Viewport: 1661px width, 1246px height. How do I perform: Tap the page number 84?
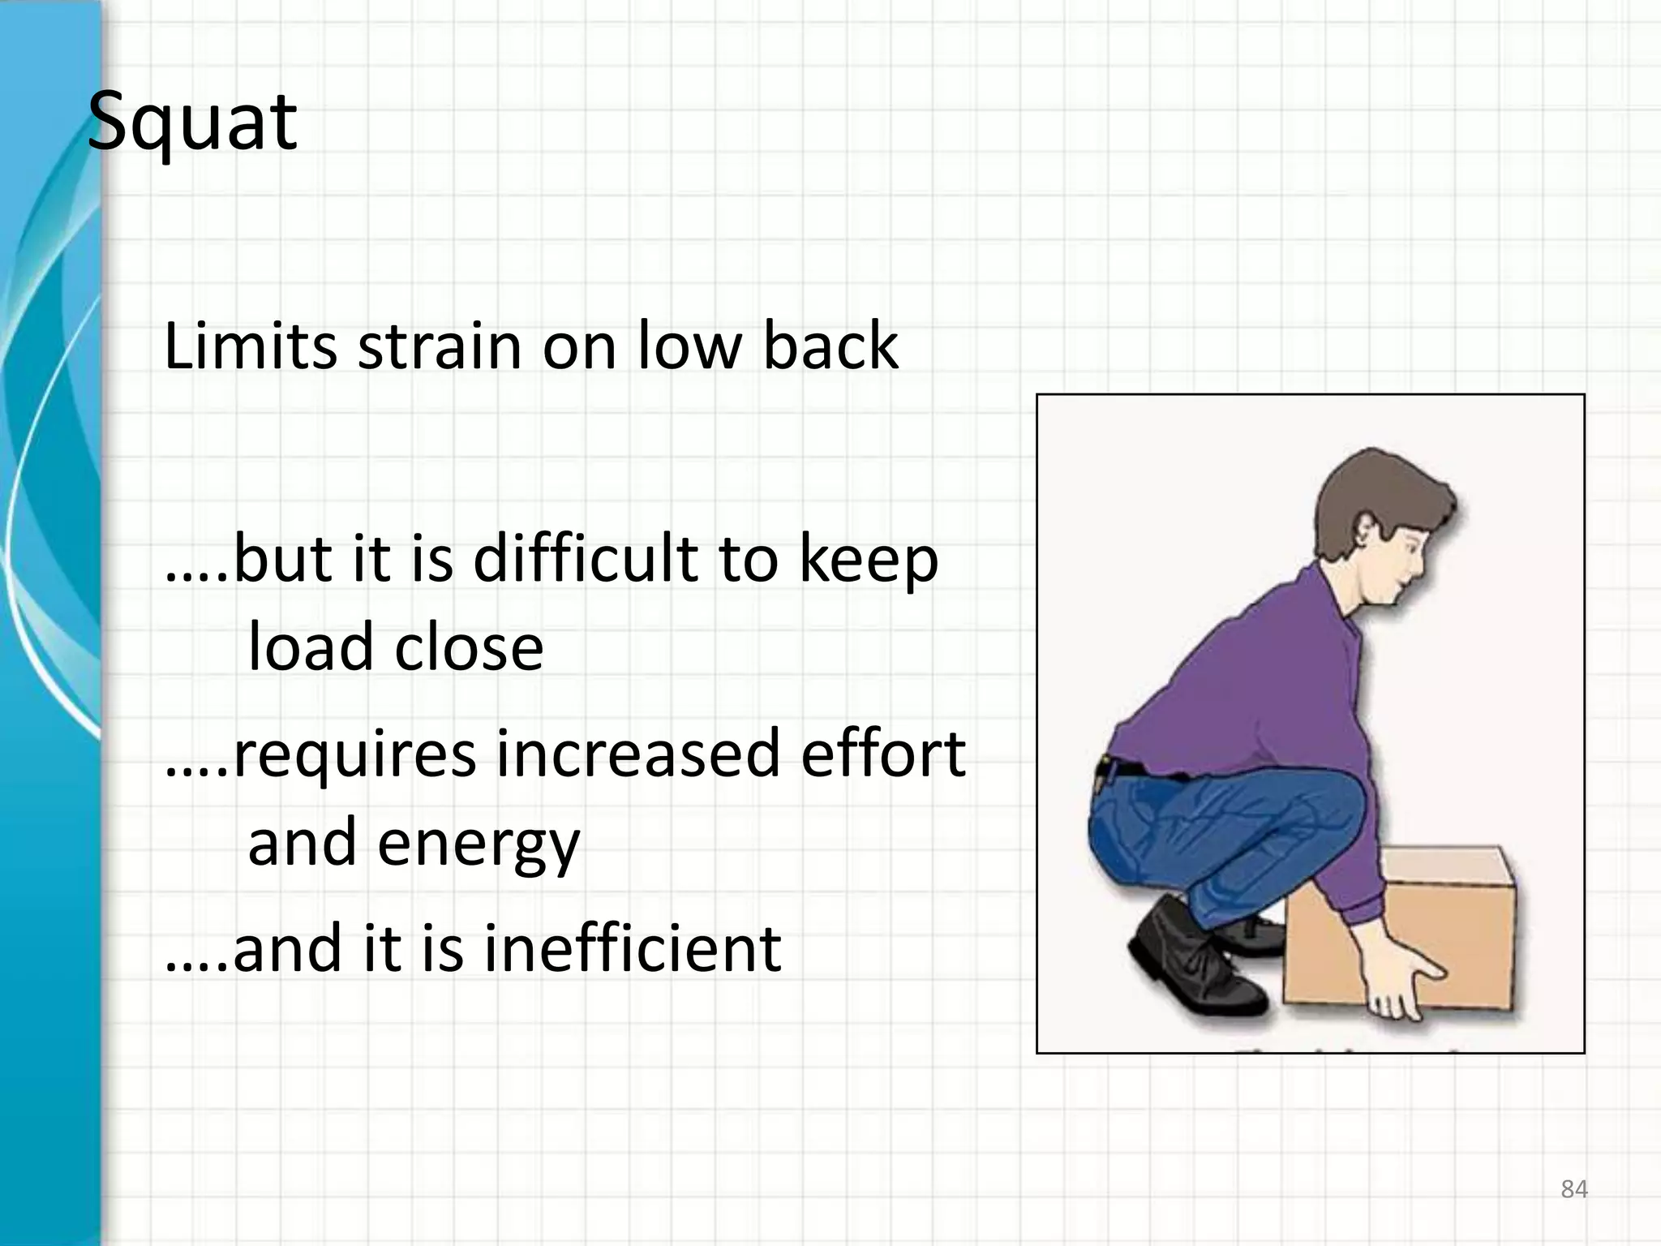[1574, 1189]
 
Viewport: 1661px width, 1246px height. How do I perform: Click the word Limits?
[250, 346]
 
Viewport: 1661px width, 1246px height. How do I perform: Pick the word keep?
[868, 561]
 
